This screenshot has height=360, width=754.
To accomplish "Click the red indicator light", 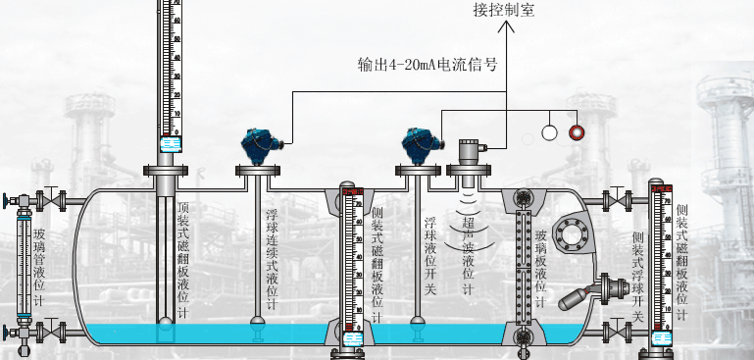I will click(x=577, y=131).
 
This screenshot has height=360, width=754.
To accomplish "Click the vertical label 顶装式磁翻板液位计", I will click(x=183, y=260).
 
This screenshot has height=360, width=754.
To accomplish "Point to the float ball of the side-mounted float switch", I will click(x=585, y=293).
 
